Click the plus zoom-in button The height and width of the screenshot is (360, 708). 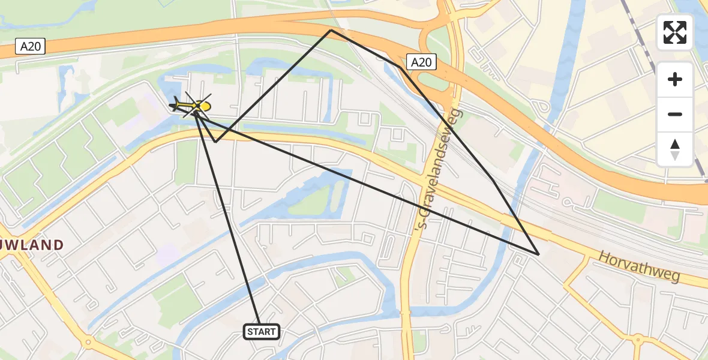coord(675,80)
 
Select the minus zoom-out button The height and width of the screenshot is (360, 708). coord(675,114)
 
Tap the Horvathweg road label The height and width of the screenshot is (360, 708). coord(638,266)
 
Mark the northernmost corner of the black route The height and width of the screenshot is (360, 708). coord(331,29)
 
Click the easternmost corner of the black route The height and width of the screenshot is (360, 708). coord(538,254)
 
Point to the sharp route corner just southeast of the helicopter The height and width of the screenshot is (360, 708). coord(215,142)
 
